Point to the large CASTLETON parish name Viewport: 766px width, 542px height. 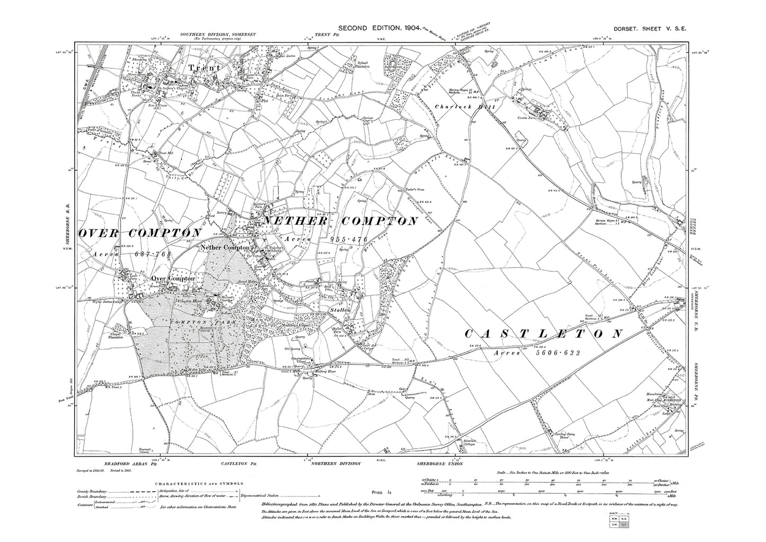544,334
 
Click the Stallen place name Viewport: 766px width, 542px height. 340,309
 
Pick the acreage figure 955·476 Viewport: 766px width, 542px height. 348,240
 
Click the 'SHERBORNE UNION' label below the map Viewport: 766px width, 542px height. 442,464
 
